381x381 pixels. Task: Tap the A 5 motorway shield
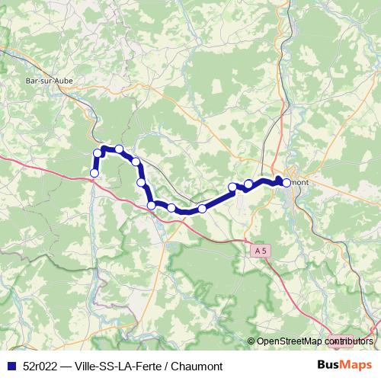tap(261, 249)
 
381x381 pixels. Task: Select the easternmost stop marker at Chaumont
tap(287, 182)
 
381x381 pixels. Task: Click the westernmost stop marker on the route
tap(94, 173)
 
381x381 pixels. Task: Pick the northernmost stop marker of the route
tap(119, 149)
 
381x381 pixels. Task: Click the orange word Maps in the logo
tap(357, 365)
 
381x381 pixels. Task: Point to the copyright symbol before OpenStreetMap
tap(251, 341)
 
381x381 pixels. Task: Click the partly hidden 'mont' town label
tap(298, 182)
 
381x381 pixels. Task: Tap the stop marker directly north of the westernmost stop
tap(98, 154)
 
